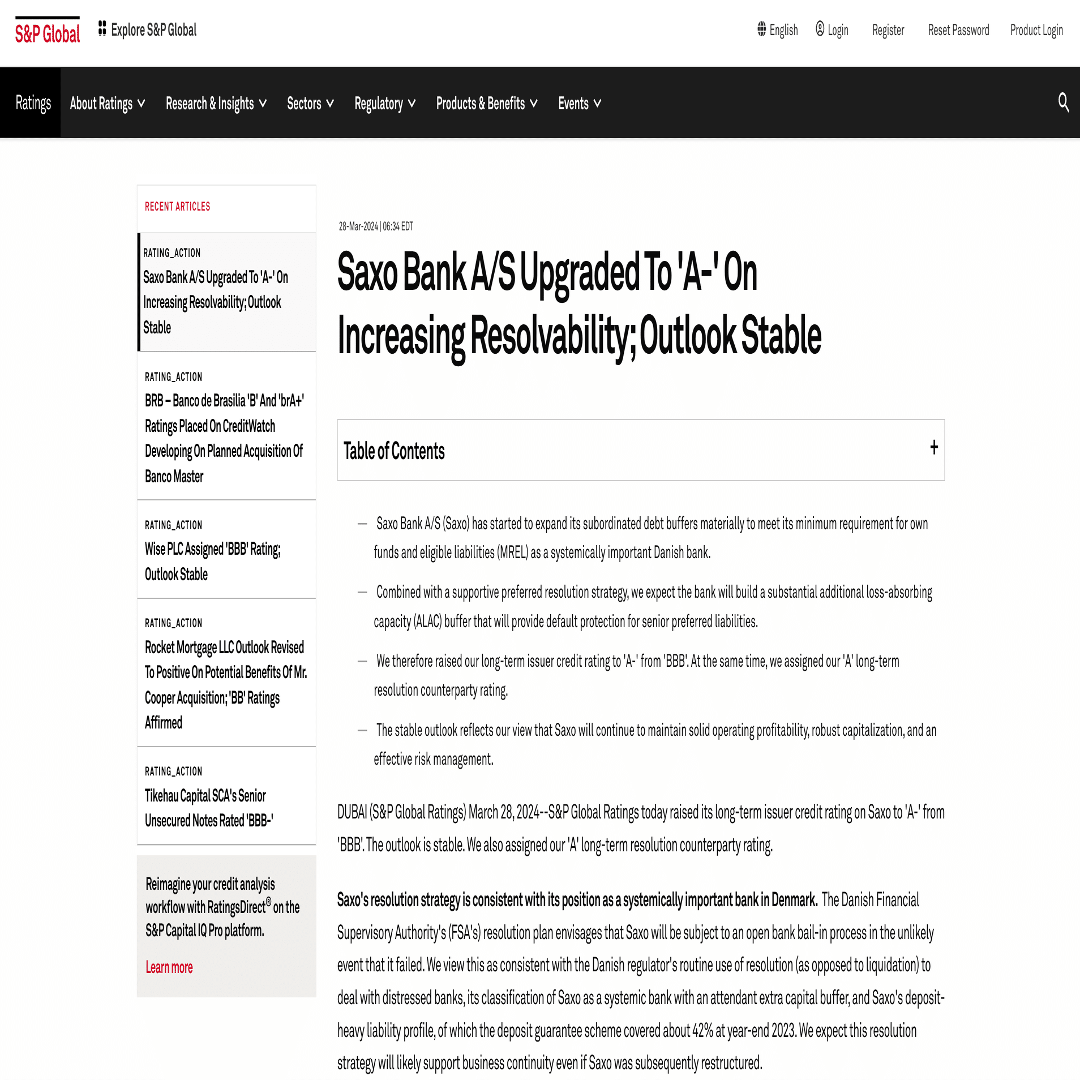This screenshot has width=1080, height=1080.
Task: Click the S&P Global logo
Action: (48, 33)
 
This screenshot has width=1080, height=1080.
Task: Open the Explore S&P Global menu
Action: (148, 29)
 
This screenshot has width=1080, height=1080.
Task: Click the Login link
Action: (832, 30)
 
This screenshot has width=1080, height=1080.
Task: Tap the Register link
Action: (888, 30)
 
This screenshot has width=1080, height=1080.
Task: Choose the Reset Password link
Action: (958, 30)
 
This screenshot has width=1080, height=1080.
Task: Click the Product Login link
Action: (1036, 30)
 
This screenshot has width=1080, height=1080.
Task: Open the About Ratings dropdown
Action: (108, 104)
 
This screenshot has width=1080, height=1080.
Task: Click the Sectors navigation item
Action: (310, 104)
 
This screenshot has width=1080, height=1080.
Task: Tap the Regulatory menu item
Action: (385, 104)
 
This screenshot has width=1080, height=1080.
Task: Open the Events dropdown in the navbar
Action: (580, 104)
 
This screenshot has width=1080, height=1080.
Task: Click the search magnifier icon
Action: (1063, 102)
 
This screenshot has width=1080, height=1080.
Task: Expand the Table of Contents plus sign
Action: (934, 448)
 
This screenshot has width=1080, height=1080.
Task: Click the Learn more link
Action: (169, 967)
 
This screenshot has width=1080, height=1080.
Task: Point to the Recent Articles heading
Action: (177, 207)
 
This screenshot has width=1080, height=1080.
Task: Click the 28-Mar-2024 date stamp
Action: (376, 226)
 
